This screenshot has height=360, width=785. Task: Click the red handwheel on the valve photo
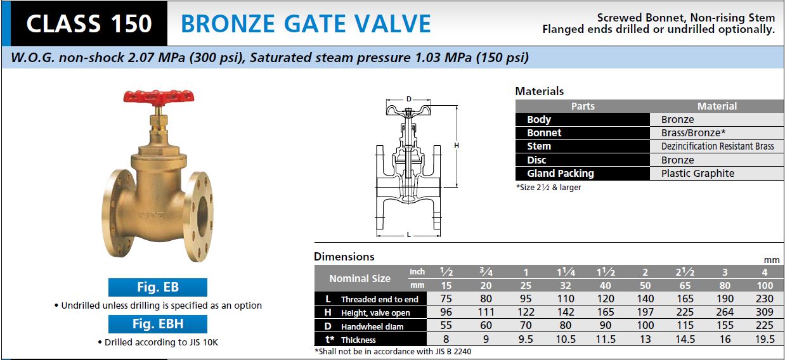159,96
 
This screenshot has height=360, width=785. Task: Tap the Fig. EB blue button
158,287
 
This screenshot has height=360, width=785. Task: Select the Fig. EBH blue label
158,324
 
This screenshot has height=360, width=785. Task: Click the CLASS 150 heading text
89,24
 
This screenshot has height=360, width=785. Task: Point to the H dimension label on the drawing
457,145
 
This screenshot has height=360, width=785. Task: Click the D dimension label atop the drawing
408,99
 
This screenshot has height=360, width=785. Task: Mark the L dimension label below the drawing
408,235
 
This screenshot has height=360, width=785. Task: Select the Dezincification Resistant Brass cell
717,146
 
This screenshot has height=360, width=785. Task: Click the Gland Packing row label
561,174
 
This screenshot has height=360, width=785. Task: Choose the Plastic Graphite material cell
697,174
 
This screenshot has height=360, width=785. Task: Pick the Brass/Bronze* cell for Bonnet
693,132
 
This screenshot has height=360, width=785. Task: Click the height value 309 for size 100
764,312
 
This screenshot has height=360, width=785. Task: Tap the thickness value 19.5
764,339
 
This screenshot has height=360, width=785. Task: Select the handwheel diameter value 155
725,325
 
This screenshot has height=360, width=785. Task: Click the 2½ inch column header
685,272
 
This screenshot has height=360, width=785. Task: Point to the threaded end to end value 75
446,299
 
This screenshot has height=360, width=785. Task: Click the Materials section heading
540,91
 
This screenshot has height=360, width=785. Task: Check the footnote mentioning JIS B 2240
393,351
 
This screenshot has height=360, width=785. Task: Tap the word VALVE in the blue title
392,24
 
